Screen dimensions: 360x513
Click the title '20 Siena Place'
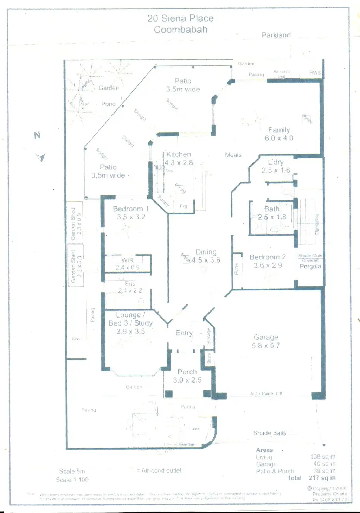click(180, 18)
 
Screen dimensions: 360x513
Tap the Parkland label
click(276, 35)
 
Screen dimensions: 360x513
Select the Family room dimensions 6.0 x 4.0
click(279, 138)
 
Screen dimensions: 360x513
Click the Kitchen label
click(179, 154)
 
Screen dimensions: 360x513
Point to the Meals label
click(233, 155)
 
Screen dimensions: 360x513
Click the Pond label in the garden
click(108, 104)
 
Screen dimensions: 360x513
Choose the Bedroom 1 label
click(131, 209)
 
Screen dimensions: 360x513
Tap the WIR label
click(127, 261)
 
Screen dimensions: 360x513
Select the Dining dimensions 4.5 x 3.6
click(206, 260)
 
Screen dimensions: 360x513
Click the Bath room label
click(272, 209)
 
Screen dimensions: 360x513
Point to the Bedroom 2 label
click(268, 257)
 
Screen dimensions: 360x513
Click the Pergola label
click(310, 267)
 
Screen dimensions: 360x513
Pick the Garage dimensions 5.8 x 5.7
click(266, 346)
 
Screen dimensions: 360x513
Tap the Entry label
click(184, 333)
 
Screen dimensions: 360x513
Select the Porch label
click(187, 372)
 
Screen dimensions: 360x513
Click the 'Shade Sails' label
click(270, 433)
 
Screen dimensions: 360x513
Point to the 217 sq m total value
click(322, 478)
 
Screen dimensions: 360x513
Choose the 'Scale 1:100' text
click(72, 480)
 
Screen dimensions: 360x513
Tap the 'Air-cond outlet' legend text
click(161, 470)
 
